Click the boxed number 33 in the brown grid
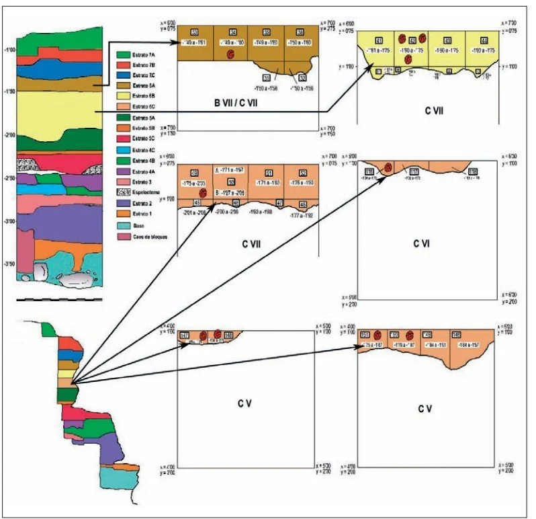[x=194, y=33]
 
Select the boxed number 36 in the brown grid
[x=301, y=33]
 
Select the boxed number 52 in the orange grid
[x=301, y=173]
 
